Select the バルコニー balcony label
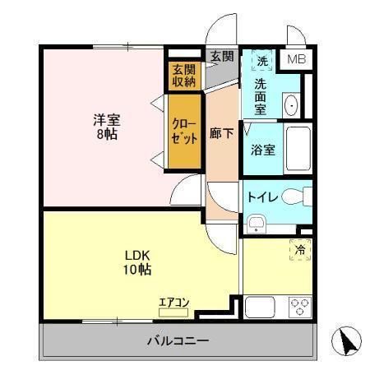pyautogui.click(x=178, y=340)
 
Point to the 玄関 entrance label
pyautogui.click(x=221, y=57)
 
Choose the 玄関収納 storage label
pyautogui.click(x=183, y=75)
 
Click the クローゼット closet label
pyautogui.click(x=183, y=131)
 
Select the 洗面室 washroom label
pyautogui.click(x=261, y=96)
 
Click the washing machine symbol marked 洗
pyautogui.click(x=262, y=61)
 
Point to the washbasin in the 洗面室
pyautogui.click(x=290, y=105)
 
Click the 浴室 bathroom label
pyautogui.click(x=262, y=150)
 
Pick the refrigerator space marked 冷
pyautogui.click(x=298, y=250)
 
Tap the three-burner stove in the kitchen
pyautogui.click(x=298, y=307)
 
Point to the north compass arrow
pyautogui.click(x=348, y=341)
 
